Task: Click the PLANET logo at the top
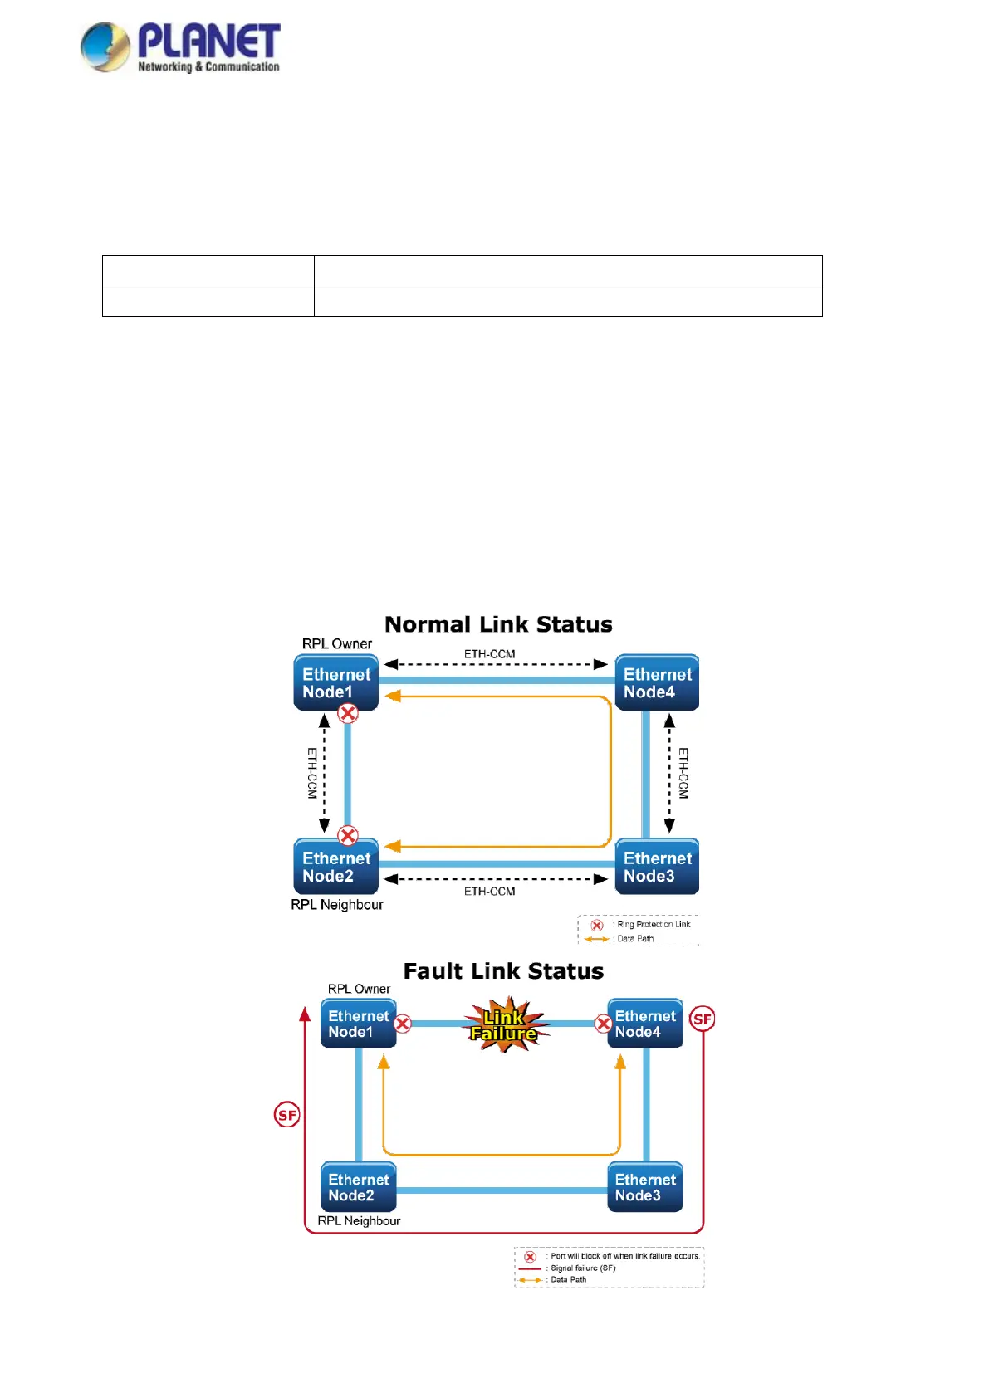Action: [x=180, y=47]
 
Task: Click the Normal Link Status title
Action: [x=498, y=624]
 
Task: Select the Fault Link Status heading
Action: [x=503, y=971]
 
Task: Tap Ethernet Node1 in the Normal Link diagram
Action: [x=335, y=682]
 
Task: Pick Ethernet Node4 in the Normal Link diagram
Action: [x=657, y=682]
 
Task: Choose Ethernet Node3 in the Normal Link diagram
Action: [x=657, y=867]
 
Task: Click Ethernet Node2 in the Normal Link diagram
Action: [x=335, y=867]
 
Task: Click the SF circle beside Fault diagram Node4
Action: [x=703, y=1019]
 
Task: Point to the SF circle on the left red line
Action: [x=287, y=1115]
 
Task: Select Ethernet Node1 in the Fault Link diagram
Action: [x=358, y=1024]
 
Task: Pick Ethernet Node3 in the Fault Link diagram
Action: [x=644, y=1187]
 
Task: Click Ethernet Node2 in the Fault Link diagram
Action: [x=358, y=1187]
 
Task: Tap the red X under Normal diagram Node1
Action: [x=348, y=713]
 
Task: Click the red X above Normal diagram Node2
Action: [x=348, y=835]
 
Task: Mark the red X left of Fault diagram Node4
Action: [x=604, y=1024]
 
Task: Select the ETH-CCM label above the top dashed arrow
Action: [x=489, y=654]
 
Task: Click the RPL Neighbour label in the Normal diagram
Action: [x=337, y=905]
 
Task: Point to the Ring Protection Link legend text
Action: [x=654, y=924]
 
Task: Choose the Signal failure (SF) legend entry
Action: [x=583, y=1268]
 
